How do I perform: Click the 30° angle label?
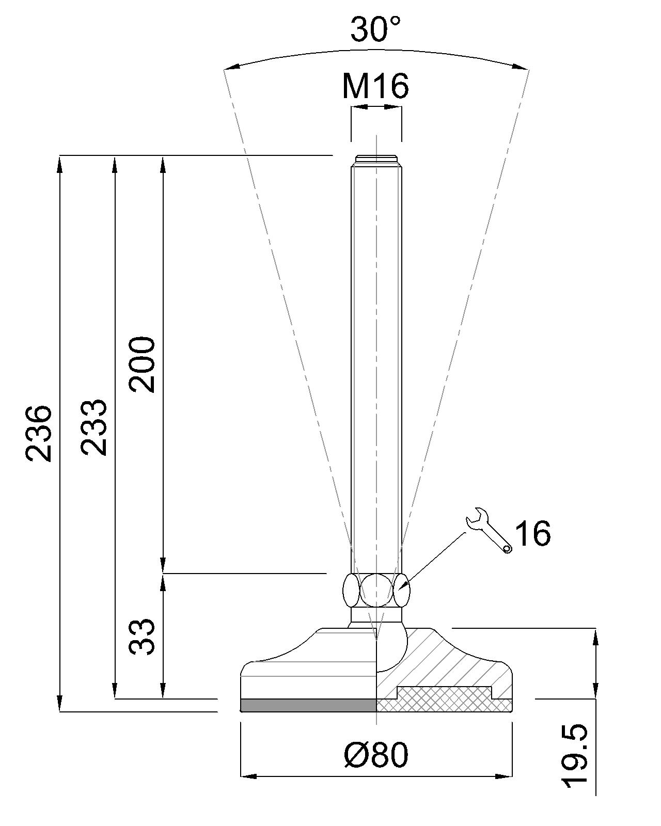point(375,29)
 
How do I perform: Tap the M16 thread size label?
point(375,86)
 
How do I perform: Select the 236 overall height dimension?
point(38,433)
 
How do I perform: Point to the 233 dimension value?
point(93,427)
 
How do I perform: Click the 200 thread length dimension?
point(142,364)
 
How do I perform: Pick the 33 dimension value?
point(142,636)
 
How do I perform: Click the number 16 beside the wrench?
point(533,533)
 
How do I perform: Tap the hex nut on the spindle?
point(376,590)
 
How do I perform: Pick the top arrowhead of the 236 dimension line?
point(60,164)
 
